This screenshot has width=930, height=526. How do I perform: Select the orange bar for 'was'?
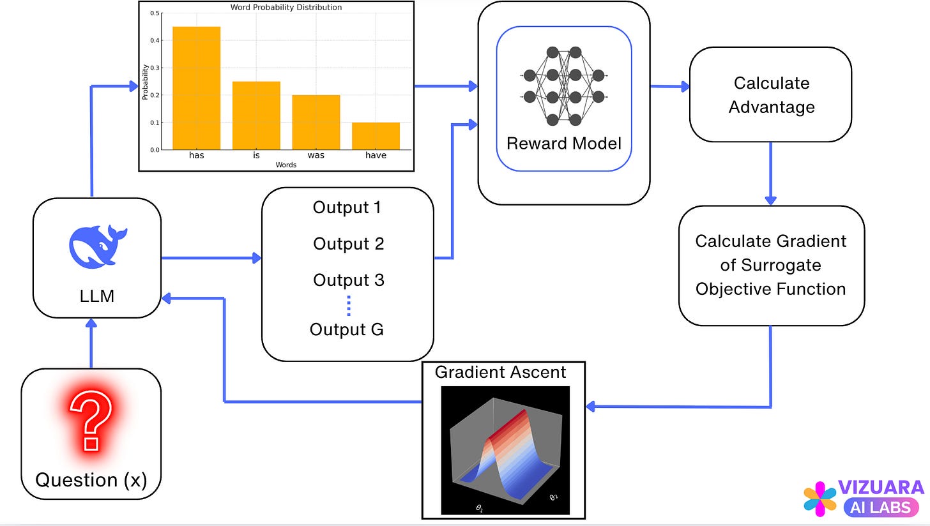point(316,122)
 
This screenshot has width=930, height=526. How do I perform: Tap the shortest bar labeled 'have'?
point(376,136)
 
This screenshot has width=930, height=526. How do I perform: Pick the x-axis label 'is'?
point(256,155)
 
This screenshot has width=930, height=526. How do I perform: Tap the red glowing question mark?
point(91,421)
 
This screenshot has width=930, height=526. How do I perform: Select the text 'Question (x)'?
point(91,479)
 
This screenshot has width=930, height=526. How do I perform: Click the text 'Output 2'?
point(349,244)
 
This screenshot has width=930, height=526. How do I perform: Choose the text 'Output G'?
point(347,329)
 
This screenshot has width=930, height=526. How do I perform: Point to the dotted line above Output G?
point(349,306)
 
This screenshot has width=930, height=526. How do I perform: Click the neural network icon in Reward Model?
point(564,86)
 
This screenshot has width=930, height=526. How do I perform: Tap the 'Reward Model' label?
point(563,143)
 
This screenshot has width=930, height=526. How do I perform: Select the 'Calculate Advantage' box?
point(771,94)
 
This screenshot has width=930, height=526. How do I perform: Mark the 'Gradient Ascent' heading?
point(500,372)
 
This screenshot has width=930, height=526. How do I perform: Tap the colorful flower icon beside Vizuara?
point(820,499)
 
